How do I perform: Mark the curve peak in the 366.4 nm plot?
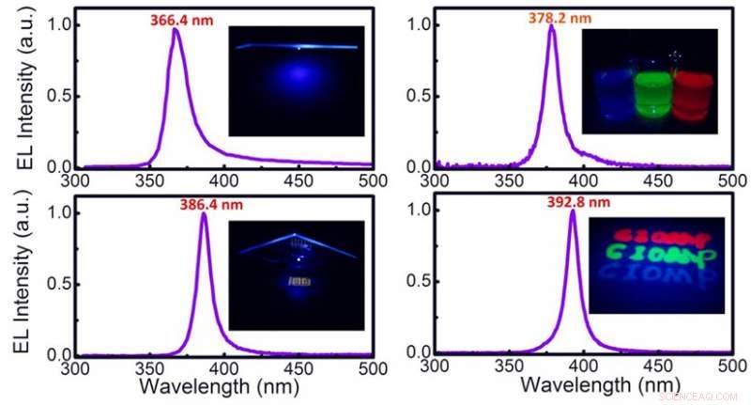(x=175, y=29)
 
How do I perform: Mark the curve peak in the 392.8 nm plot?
(x=572, y=211)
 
